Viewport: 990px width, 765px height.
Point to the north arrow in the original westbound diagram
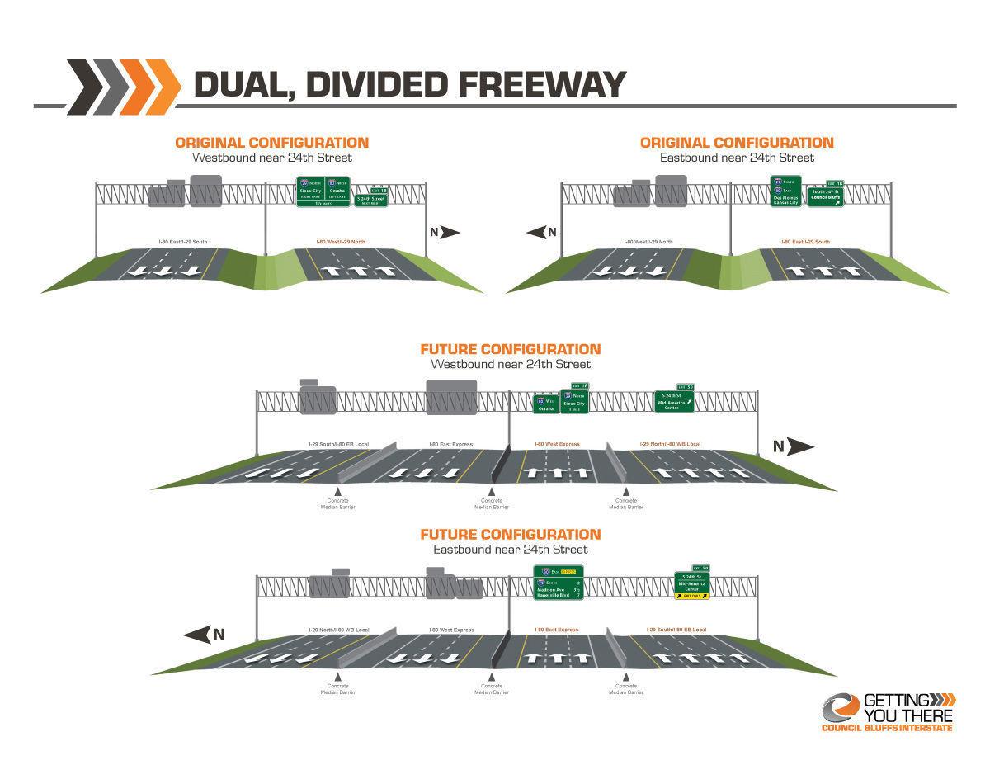tap(445, 233)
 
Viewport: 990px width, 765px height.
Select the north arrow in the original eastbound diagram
tap(541, 233)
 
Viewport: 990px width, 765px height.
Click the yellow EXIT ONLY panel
tap(691, 595)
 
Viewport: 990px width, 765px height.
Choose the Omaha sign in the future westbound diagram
tap(545, 404)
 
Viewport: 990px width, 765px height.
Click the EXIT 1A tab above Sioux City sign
tap(580, 386)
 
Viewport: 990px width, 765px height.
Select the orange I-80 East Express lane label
tap(557, 630)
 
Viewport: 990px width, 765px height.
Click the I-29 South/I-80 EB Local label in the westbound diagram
tap(338, 445)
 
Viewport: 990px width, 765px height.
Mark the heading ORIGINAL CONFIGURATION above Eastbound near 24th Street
tap(737, 143)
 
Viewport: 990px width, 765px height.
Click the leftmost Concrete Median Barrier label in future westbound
tap(337, 503)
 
